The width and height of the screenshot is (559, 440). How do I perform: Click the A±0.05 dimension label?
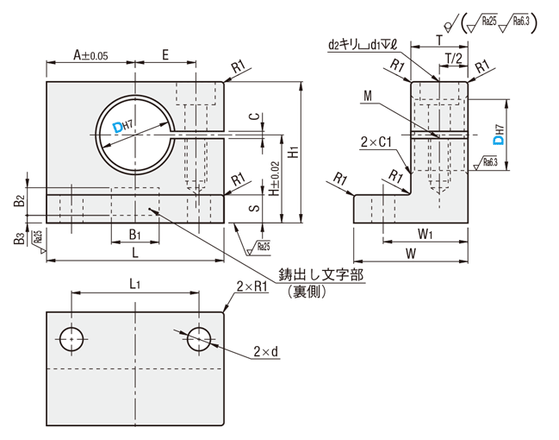[90, 54]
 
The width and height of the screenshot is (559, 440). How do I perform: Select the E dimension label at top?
[165, 54]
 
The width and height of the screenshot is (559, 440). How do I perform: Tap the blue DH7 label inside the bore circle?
[121, 129]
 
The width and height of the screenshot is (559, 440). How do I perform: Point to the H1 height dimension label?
[294, 152]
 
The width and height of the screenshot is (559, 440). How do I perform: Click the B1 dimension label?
[134, 234]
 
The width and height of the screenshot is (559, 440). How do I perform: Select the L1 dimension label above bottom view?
[134, 284]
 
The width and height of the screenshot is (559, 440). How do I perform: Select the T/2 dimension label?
[452, 57]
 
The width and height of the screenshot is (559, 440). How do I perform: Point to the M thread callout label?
[368, 97]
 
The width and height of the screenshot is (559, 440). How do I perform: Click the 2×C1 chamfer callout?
[378, 141]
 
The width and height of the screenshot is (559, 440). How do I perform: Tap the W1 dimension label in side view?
[425, 233]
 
